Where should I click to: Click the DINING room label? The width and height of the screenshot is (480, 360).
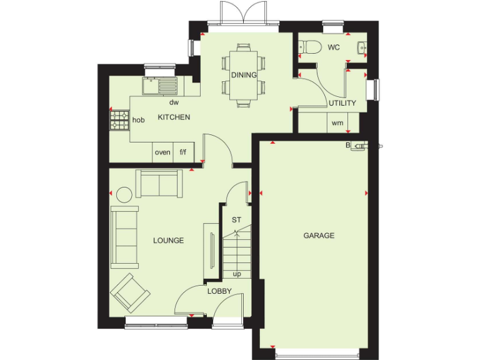click(x=244, y=75)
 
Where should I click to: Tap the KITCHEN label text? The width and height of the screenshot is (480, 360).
click(x=174, y=117)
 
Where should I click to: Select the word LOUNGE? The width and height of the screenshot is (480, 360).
click(x=168, y=240)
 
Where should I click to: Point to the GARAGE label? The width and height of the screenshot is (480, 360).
click(x=319, y=236)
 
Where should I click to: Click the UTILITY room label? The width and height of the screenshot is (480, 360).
click(x=342, y=103)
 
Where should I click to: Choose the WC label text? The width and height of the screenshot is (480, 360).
click(x=334, y=47)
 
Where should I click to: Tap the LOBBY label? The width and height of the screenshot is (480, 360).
click(x=219, y=291)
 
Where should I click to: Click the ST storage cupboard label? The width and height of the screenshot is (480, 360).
click(x=236, y=220)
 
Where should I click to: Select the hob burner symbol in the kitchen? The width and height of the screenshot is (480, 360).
click(x=119, y=119)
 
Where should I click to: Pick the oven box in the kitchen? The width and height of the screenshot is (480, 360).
click(x=162, y=152)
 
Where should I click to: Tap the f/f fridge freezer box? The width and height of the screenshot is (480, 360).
click(x=183, y=152)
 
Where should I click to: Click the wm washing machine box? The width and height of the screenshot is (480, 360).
click(x=337, y=123)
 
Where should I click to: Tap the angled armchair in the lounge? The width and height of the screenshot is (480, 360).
click(x=130, y=292)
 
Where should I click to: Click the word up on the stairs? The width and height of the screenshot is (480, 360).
click(x=237, y=274)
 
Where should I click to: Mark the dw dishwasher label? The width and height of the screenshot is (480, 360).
click(x=174, y=102)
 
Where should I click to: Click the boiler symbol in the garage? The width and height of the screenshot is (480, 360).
click(x=358, y=147)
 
